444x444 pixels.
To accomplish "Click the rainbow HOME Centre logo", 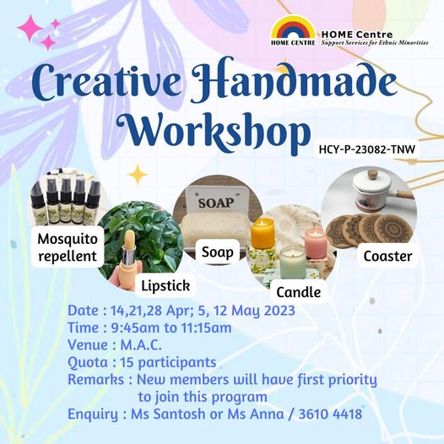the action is tap(293, 30).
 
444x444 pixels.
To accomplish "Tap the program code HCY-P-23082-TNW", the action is tap(367, 149).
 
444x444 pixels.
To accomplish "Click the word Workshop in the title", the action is tap(215, 131).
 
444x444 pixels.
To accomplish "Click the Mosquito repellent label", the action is tap(68, 247).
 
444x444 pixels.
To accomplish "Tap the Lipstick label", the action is tap(165, 285).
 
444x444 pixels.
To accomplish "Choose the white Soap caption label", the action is tap(218, 252).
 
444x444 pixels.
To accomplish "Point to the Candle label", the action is tap(299, 292).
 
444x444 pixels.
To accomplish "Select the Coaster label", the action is tap(387, 257).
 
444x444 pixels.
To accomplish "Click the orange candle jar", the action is tap(263, 233).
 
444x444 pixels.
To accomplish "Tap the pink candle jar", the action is tap(316, 243).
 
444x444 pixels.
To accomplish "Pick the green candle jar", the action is tap(293, 263).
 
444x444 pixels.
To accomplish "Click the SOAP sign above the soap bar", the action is tap(216, 203).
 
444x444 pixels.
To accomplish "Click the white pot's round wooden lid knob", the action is tap(372, 173).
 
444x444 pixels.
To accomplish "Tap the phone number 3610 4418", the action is tap(330, 414).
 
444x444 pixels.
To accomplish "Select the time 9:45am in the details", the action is tap(135, 328).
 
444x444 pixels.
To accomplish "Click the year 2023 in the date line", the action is tap(279, 311).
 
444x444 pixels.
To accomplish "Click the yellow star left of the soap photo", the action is tap(138, 175).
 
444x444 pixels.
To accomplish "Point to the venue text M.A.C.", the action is tap(141, 345).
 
